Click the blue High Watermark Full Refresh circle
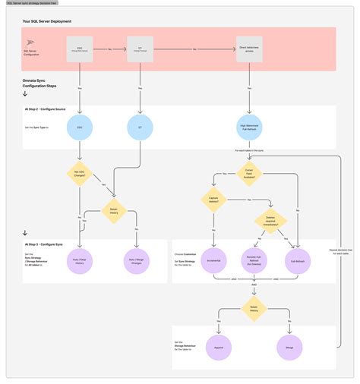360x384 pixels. [x=250, y=127]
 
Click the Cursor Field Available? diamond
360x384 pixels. [x=250, y=172]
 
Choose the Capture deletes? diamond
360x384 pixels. [x=214, y=200]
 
